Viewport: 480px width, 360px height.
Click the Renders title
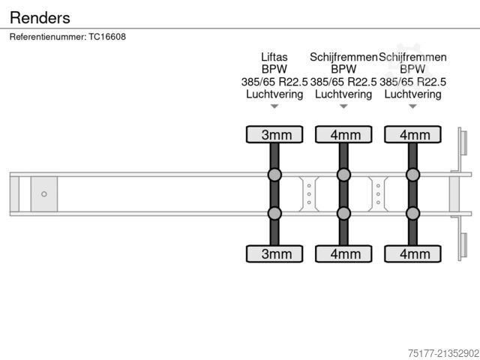(40, 17)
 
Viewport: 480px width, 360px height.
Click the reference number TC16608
(67, 37)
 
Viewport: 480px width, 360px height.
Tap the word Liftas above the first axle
(274, 57)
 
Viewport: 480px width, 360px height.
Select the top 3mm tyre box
(274, 135)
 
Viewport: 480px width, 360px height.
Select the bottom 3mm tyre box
(274, 253)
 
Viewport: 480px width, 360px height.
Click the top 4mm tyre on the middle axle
(343, 135)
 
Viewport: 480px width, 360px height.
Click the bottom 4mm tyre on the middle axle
(343, 253)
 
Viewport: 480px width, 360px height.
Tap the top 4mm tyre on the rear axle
(412, 135)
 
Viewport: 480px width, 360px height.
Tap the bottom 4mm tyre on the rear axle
(412, 253)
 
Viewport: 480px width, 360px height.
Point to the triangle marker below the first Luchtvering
(274, 106)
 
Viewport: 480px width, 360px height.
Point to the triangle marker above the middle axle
(343, 106)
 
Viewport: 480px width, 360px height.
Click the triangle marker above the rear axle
(412, 106)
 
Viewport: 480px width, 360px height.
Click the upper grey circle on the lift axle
(274, 175)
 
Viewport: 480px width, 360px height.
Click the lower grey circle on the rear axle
(412, 214)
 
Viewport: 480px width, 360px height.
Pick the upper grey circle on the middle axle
(343, 175)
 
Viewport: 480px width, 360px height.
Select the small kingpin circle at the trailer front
(44, 194)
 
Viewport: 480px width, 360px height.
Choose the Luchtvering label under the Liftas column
(274, 94)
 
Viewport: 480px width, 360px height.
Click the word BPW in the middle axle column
(343, 69)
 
